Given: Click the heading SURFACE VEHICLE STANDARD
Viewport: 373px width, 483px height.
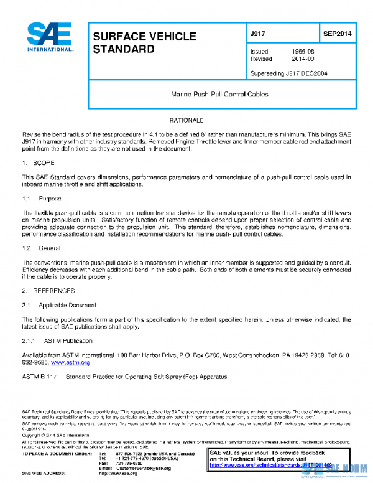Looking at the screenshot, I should click(144, 42).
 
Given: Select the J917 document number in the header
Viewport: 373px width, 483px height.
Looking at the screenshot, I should click(257, 32).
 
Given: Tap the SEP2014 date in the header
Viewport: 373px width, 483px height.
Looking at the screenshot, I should click(338, 32).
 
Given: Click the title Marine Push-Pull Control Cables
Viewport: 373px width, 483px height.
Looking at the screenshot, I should click(219, 95).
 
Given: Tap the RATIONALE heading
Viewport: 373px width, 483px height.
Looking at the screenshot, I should click(186, 119).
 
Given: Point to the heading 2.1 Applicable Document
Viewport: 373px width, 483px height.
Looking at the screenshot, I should click(59, 305).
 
